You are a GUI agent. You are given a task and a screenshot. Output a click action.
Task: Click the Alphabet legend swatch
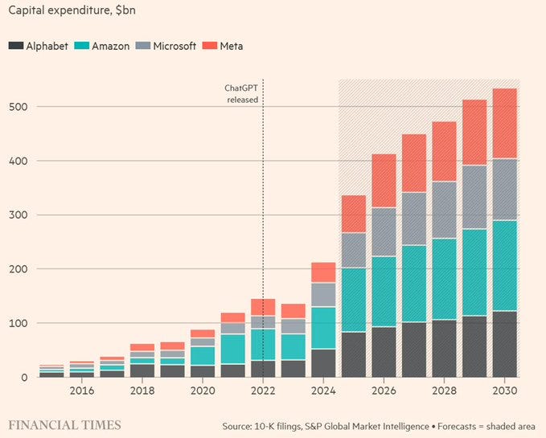tap(14, 46)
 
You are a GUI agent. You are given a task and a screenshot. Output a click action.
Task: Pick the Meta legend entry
tap(228, 46)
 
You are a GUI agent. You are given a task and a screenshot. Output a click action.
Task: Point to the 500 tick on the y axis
tap(16, 107)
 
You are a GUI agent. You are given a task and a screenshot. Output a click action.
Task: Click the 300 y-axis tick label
tap(16, 215)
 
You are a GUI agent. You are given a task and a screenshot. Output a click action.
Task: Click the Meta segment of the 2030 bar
tap(504, 123)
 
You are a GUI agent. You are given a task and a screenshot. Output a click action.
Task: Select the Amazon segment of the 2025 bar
tap(354, 300)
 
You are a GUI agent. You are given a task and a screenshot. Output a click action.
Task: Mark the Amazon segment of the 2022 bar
tap(263, 344)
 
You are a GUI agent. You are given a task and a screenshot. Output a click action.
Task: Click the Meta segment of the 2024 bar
tap(323, 272)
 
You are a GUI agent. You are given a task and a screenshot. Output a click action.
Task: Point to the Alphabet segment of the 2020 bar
tap(203, 371)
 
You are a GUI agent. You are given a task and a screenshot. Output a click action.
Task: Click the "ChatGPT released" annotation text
tap(241, 94)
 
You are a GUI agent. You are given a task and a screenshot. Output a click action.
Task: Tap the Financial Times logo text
tap(65, 424)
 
